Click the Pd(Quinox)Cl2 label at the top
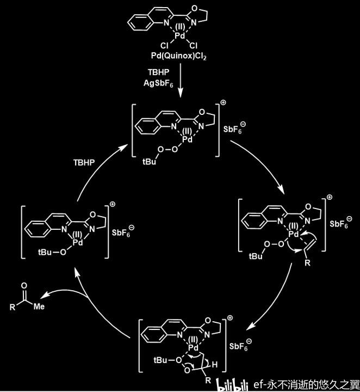(178, 56)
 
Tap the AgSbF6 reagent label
(158, 83)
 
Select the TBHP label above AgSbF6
(159, 72)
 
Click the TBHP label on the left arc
(84, 162)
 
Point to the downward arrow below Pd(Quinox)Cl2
(180, 80)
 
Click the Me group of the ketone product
(39, 306)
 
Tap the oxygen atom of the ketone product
(24, 286)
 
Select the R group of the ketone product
(12, 307)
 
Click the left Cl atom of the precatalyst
(165, 46)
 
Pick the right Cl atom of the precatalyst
(193, 45)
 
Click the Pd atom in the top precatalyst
(180, 36)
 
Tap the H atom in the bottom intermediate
(214, 364)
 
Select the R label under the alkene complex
(307, 263)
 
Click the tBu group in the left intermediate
(45, 252)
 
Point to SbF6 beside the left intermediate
(121, 233)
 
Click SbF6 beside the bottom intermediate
(239, 346)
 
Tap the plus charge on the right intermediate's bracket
(330, 197)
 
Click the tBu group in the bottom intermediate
(160, 360)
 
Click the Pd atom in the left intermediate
(78, 242)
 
